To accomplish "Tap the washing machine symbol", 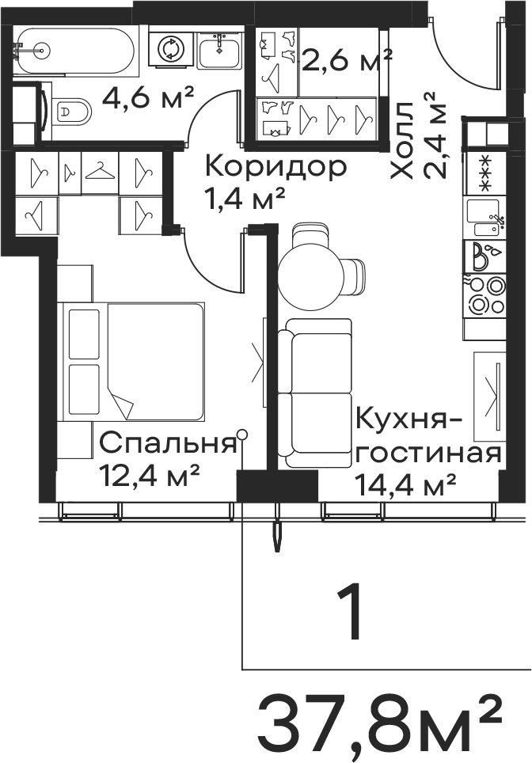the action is coord(171,49).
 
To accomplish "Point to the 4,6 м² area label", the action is coord(148,98).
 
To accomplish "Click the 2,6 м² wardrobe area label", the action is coord(347,60).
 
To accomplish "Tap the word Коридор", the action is coord(276,167).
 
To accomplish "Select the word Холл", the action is coord(403,141).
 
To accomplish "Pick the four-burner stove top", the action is coord(485,296).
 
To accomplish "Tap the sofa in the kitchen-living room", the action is coord(315,393).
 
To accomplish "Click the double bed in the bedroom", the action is coord(131,362).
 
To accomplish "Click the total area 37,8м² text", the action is coord(378,728).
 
